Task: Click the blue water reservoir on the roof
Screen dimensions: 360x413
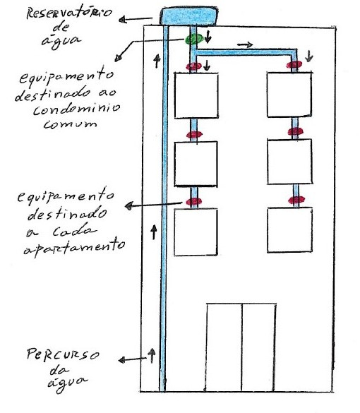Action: (189, 16)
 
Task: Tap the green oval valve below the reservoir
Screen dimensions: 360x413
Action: (194, 39)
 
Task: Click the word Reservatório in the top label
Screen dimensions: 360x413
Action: (69, 13)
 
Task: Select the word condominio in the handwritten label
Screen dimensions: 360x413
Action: (77, 109)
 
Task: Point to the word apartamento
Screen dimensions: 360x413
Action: (74, 246)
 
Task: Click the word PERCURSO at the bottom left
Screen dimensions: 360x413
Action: (63, 354)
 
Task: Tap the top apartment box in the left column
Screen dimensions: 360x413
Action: (196, 95)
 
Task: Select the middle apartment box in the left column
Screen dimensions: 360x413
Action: (196, 164)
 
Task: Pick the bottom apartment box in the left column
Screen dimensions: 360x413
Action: (196, 232)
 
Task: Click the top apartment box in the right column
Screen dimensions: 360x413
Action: (289, 95)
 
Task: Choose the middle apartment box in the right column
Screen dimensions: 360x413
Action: (289, 162)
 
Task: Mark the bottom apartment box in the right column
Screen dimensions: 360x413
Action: (289, 230)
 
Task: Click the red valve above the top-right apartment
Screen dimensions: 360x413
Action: (294, 64)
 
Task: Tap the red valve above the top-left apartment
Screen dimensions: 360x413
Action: (194, 66)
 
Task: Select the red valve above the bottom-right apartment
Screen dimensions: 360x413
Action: (296, 200)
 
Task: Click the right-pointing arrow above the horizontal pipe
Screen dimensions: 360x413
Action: (245, 45)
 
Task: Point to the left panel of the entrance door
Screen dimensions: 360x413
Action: (224, 347)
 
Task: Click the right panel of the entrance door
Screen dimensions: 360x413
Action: (258, 347)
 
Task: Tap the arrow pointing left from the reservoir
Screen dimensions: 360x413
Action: (136, 20)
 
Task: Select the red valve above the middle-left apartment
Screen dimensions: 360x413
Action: (194, 135)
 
